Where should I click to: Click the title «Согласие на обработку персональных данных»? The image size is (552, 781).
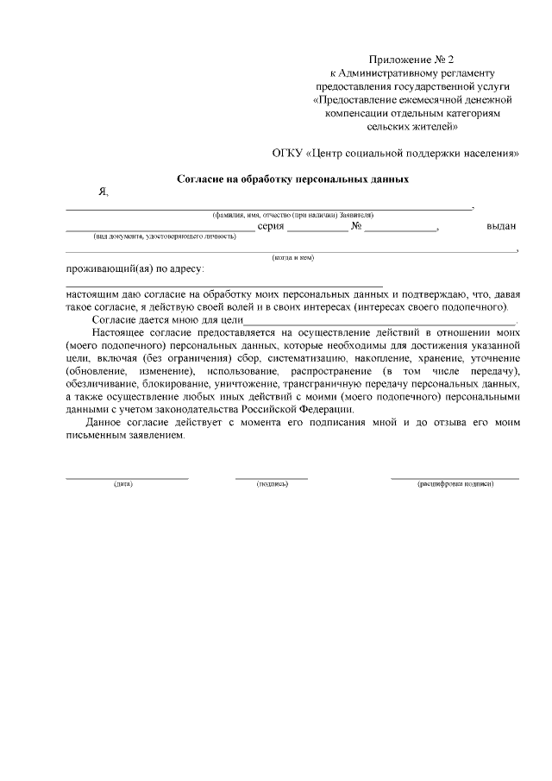coord(292,179)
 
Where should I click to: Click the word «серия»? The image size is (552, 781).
coord(271,226)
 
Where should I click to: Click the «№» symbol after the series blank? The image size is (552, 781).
coord(355,226)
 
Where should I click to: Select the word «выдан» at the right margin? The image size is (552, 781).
coord(501,226)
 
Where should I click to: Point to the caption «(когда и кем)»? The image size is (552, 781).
coord(292,257)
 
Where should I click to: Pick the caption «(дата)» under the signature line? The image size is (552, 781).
coord(122,484)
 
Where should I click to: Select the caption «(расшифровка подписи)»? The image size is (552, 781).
coord(455,484)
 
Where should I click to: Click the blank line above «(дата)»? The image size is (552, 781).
coord(127,477)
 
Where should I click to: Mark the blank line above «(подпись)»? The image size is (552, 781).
coord(272,477)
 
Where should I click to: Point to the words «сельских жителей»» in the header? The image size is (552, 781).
coord(412,126)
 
